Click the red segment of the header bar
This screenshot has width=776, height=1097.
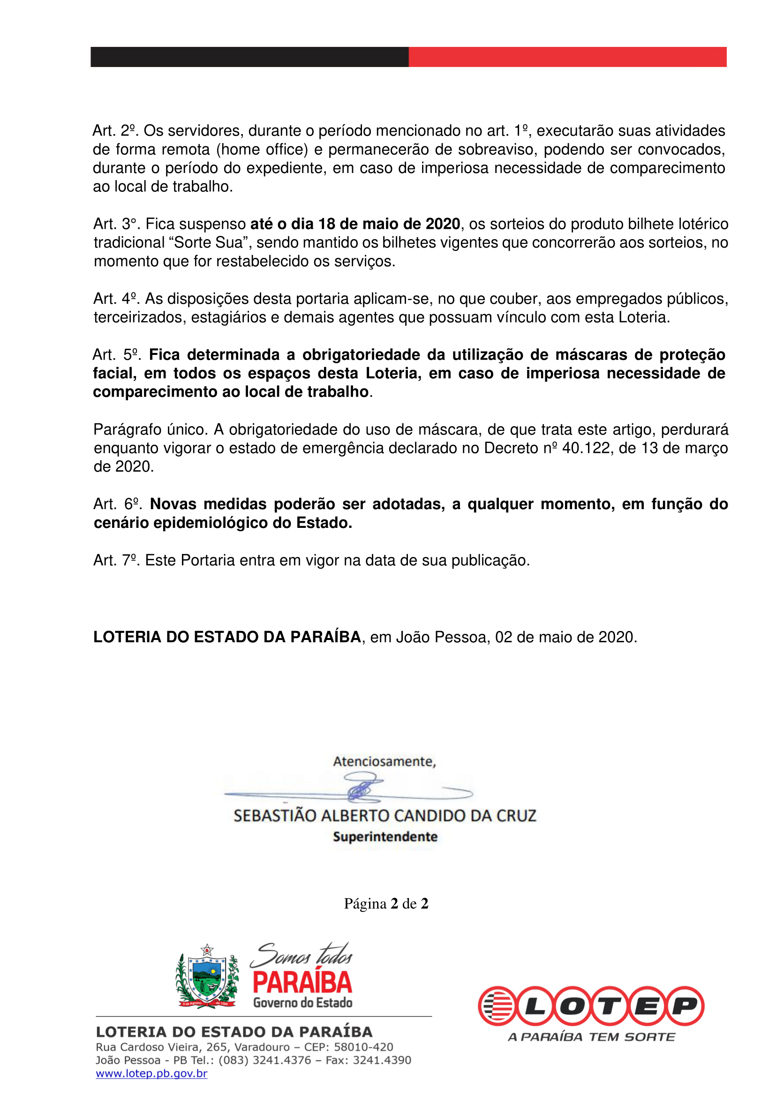(567, 57)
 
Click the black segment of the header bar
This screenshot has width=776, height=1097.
(249, 57)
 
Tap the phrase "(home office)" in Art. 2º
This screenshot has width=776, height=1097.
(262, 150)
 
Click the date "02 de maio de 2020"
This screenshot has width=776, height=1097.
(565, 637)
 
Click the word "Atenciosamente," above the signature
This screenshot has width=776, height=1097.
(384, 761)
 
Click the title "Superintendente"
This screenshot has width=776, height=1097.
(385, 837)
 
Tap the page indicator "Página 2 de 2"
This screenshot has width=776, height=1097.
(386, 903)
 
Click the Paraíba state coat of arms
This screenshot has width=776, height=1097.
(207, 977)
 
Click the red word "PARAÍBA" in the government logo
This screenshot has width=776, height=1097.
(302, 982)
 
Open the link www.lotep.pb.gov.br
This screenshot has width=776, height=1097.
(151, 1074)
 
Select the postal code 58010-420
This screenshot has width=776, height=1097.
(363, 1047)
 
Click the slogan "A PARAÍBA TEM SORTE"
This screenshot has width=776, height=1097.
(591, 1037)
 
